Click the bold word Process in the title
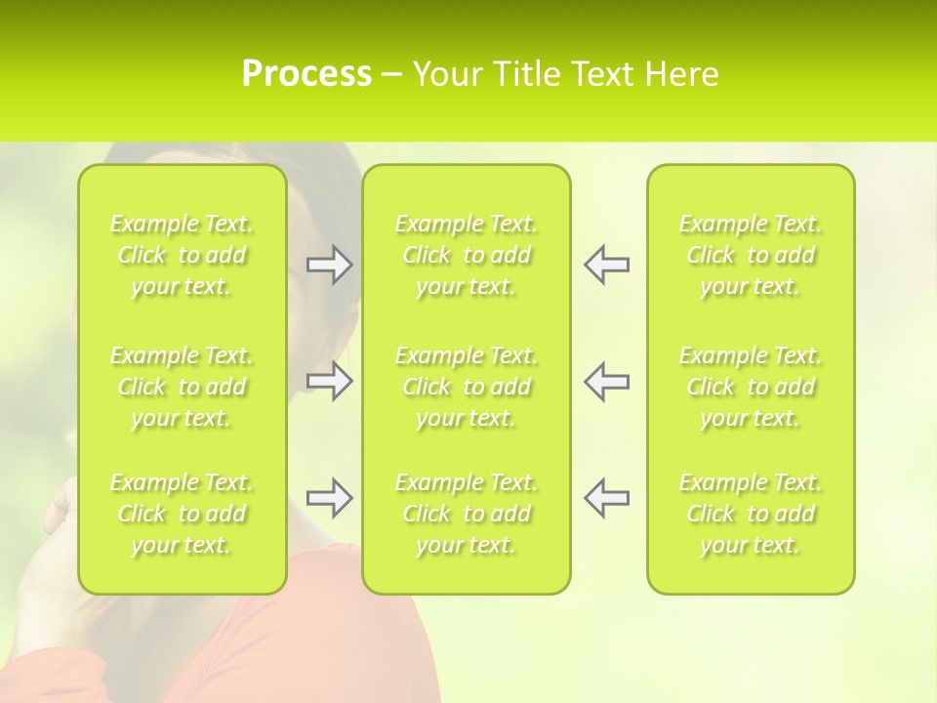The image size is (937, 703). point(306,74)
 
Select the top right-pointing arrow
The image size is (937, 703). point(329,265)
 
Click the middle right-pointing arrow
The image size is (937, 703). point(329,381)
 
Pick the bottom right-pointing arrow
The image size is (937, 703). point(329,498)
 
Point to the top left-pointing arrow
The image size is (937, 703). point(606,265)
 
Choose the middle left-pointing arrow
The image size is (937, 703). point(606,381)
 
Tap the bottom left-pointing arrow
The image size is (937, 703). point(606,498)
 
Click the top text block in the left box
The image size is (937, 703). point(182,255)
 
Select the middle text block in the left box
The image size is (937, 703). point(182,387)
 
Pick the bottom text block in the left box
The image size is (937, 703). point(182,514)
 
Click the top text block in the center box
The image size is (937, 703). point(467,255)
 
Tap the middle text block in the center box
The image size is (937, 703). point(467,387)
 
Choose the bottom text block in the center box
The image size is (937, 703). point(467,514)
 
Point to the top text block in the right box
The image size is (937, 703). point(751,255)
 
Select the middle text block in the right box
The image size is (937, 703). point(751,387)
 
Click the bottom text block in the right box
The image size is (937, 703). point(751,514)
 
